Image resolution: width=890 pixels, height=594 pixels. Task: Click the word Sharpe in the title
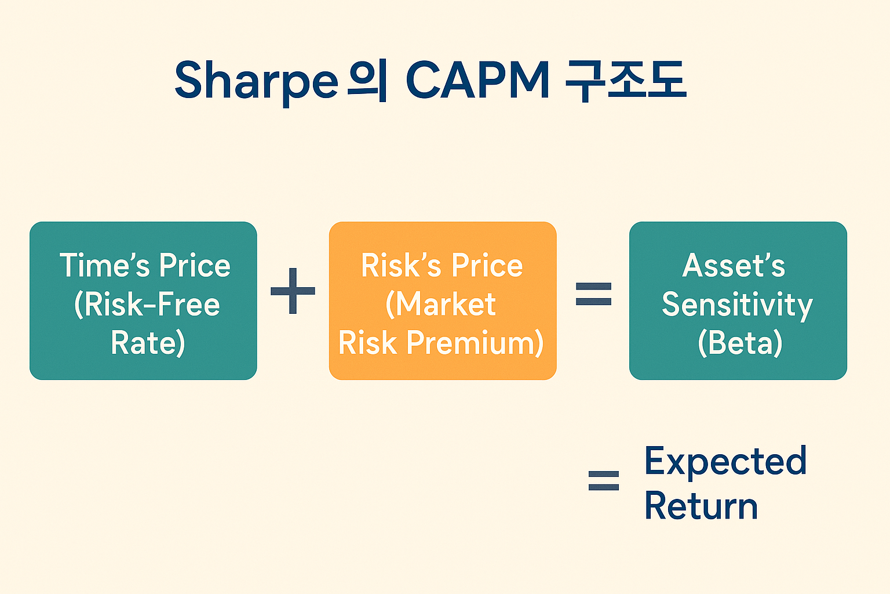(256, 81)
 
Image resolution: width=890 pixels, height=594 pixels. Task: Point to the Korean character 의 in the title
(367, 81)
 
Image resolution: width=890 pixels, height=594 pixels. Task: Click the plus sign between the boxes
(293, 291)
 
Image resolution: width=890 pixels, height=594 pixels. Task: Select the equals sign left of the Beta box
(593, 294)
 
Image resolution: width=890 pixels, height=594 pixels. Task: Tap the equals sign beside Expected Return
(604, 480)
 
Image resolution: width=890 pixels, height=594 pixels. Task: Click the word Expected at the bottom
(725, 462)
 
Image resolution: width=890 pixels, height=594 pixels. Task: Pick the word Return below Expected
(701, 506)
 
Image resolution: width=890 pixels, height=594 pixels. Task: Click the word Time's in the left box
(104, 266)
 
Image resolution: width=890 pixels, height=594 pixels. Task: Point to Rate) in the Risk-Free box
(148, 343)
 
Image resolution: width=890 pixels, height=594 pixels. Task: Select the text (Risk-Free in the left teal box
(147, 305)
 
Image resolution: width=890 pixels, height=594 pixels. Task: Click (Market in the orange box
(441, 305)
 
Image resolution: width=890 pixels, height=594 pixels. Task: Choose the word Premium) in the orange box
(475, 343)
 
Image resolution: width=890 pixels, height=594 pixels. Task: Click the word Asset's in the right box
(734, 266)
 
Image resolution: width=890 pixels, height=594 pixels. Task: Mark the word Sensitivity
(737, 305)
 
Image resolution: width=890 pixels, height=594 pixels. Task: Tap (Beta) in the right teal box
(740, 343)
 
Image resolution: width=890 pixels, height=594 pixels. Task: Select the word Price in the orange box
(487, 266)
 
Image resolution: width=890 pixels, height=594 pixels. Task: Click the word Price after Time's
(195, 266)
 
